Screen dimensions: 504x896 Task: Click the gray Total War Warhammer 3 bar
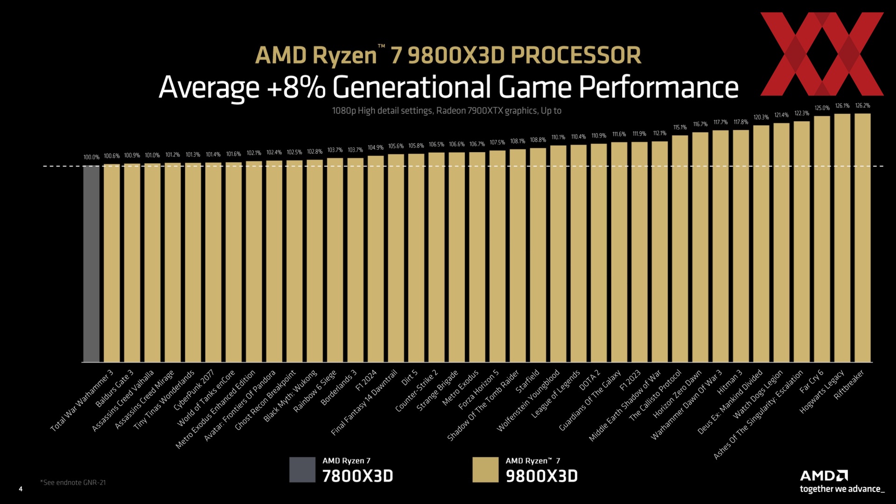click(91, 264)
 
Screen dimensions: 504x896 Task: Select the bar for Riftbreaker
click(862, 238)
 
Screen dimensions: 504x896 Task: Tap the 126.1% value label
click(842, 106)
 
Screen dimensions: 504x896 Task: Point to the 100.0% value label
click(91, 157)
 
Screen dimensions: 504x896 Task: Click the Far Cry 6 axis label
click(812, 382)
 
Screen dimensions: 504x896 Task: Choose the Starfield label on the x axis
click(528, 381)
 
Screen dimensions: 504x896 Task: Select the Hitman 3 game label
click(729, 382)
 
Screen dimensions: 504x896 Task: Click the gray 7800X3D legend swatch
click(302, 469)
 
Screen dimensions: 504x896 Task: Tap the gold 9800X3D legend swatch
click(485, 469)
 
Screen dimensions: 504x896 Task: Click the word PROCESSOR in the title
click(576, 56)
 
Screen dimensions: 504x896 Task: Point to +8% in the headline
click(296, 87)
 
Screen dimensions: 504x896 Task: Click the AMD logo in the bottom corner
click(824, 476)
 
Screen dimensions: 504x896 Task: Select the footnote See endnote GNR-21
click(73, 483)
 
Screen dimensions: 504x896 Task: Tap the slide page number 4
click(21, 489)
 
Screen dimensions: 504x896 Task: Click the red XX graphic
click(822, 54)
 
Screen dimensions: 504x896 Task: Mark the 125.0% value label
click(822, 108)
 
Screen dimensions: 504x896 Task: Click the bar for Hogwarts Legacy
click(842, 238)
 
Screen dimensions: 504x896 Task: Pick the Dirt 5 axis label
click(410, 378)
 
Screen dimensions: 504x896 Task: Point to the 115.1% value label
click(680, 127)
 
